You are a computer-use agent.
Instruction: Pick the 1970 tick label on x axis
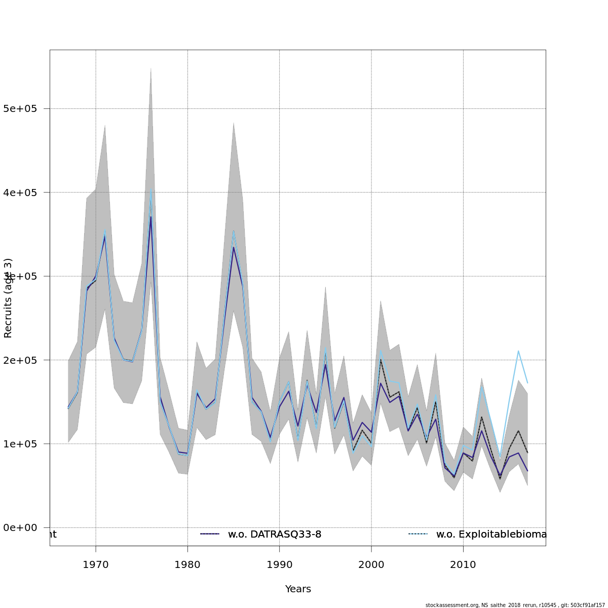pyautogui.click(x=96, y=564)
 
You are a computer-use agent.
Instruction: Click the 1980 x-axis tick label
pyautogui.click(x=187, y=564)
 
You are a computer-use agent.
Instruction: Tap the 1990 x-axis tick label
pyautogui.click(x=280, y=564)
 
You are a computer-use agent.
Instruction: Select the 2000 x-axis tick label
pyautogui.click(x=371, y=564)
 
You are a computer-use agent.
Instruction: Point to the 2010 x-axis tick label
pyautogui.click(x=463, y=564)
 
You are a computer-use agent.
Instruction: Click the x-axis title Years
pyautogui.click(x=298, y=589)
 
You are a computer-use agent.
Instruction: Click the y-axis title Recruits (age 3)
pyautogui.click(x=8, y=298)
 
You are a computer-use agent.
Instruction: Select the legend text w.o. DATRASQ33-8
pyautogui.click(x=275, y=535)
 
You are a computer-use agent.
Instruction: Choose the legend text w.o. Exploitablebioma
pyautogui.click(x=491, y=535)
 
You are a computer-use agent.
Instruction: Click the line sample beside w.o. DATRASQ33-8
pyautogui.click(x=210, y=534)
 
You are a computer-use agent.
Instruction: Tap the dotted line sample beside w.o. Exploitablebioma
pyautogui.click(x=418, y=534)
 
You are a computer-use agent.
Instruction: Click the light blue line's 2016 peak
pyautogui.click(x=518, y=351)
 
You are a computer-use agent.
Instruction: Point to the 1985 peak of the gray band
pyautogui.click(x=234, y=123)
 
